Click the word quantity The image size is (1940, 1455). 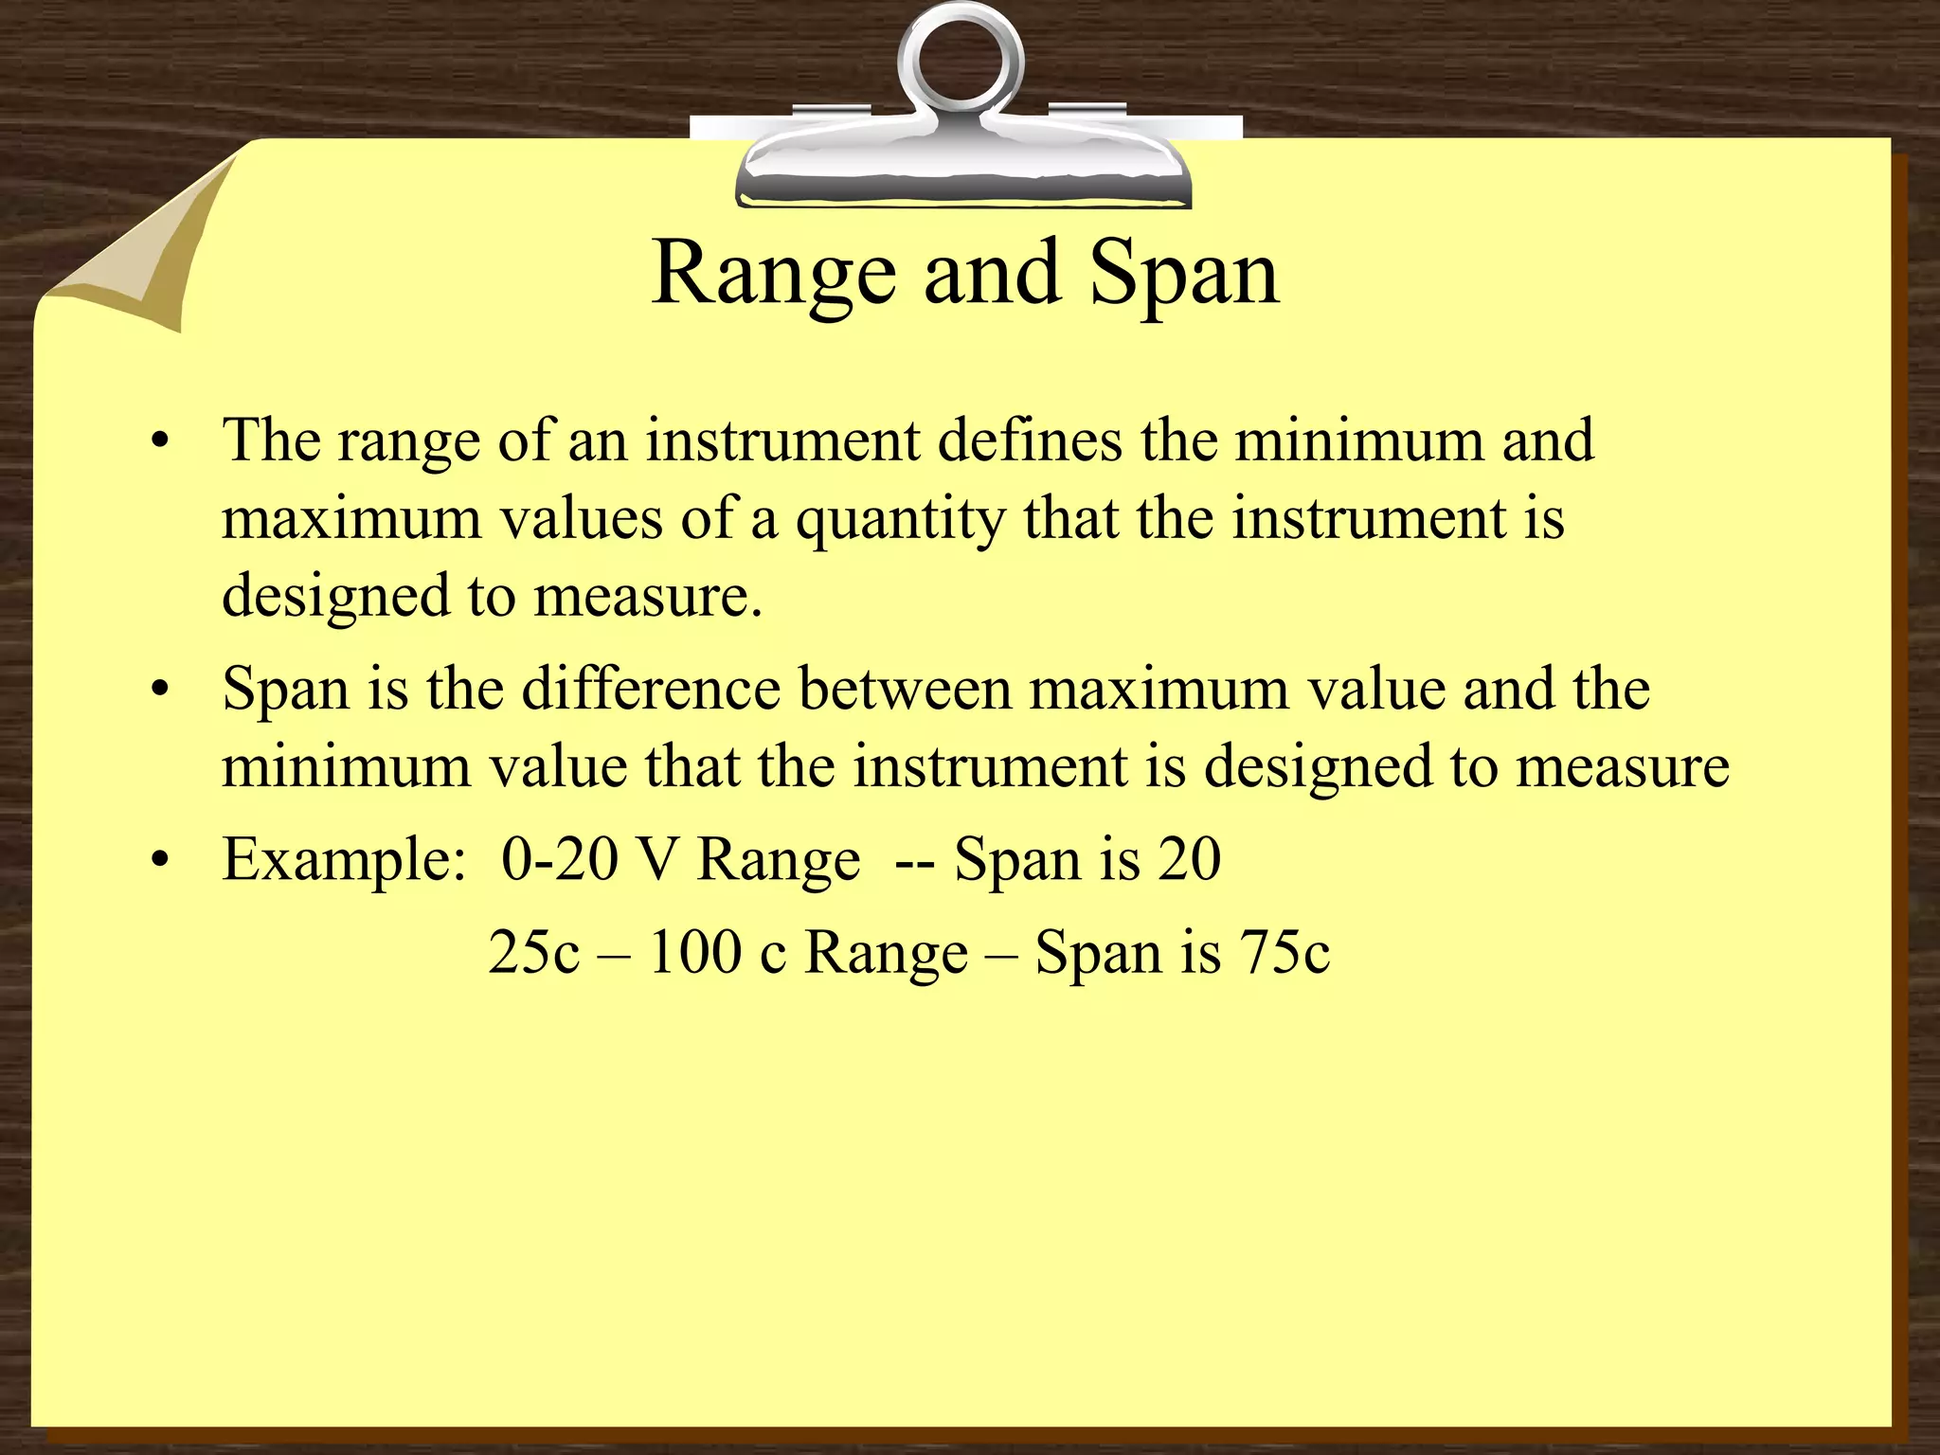tap(900, 520)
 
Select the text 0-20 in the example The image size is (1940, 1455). tap(560, 860)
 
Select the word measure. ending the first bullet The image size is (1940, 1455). tap(648, 598)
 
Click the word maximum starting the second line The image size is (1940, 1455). tap(351, 520)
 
